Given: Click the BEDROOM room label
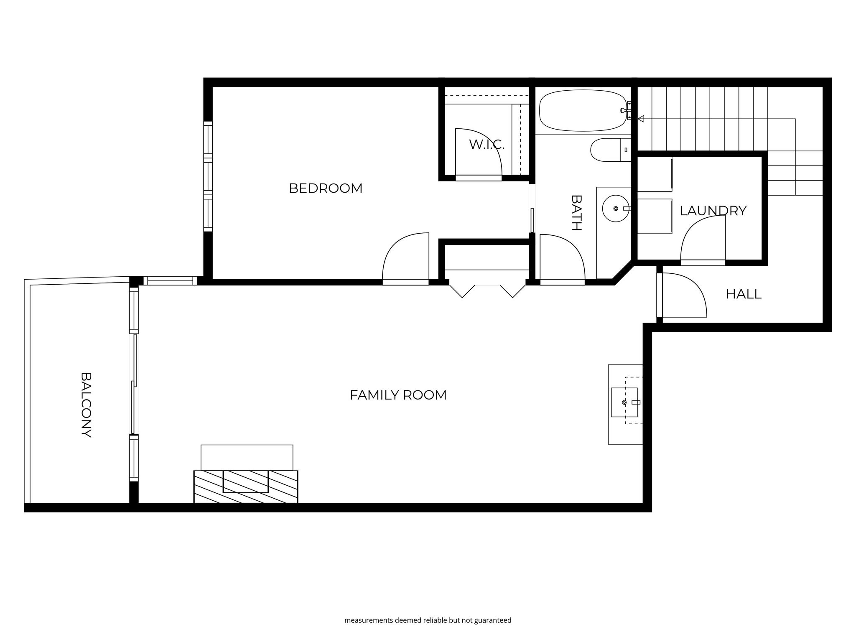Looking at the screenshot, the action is click(326, 189).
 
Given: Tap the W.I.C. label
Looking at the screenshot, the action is click(487, 145).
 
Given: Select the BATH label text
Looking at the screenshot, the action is click(576, 213).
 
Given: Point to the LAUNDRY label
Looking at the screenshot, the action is click(713, 211).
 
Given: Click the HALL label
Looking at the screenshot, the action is click(744, 294).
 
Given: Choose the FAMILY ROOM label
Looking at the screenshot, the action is click(398, 395).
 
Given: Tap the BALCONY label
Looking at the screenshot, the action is click(86, 405).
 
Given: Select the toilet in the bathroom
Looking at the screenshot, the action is click(610, 150).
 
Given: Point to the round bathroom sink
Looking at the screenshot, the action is click(616, 208).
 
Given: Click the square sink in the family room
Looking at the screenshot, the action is click(624, 402).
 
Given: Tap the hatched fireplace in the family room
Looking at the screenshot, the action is click(246, 486).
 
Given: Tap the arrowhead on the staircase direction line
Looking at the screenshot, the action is click(640, 119).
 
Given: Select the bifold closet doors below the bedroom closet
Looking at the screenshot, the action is click(487, 291).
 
